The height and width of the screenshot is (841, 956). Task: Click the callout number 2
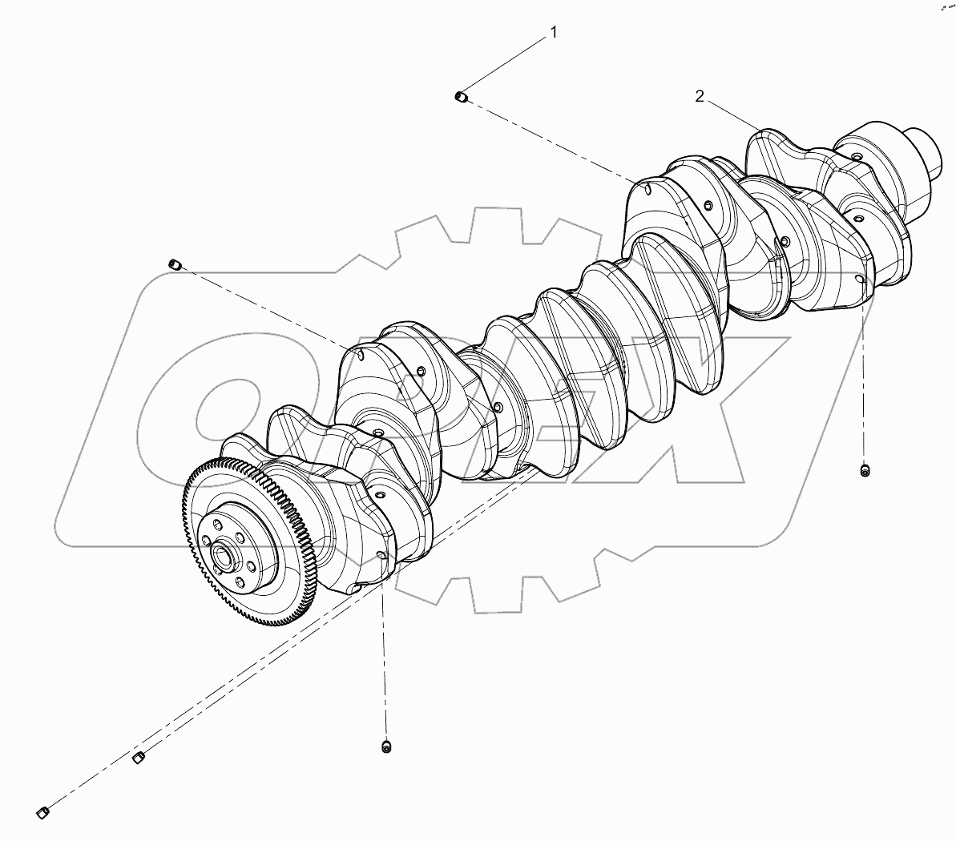[x=700, y=96]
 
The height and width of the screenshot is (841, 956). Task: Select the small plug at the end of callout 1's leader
[x=461, y=98]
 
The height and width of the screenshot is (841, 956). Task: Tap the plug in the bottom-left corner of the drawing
[x=45, y=813]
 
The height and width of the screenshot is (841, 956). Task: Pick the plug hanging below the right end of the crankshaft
[x=864, y=470]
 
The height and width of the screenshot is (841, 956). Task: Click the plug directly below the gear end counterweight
[x=386, y=746]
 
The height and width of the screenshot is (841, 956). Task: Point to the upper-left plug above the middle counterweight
[x=175, y=264]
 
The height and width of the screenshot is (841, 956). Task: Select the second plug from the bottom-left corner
[x=138, y=757]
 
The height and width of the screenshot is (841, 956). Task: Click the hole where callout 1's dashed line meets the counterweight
[x=646, y=190]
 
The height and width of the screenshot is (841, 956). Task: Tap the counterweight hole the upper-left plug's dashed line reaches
[x=360, y=352]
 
